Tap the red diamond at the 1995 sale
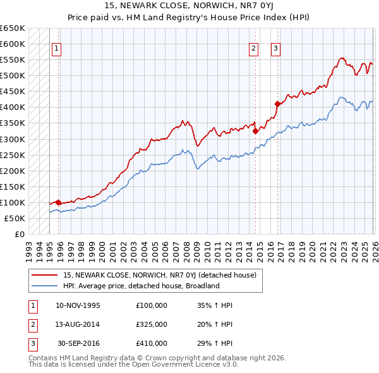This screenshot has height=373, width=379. coord(58,202)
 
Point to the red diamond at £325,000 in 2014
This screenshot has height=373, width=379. coord(255,131)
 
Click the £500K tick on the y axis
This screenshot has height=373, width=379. coord(13,76)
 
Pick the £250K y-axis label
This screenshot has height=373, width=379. coord(13,155)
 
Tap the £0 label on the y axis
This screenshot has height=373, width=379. coord(20,234)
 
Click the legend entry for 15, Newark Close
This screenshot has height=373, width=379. coord(159,275)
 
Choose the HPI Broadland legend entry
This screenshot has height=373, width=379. coord(141,286)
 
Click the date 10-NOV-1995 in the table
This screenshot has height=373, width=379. coord(78,305)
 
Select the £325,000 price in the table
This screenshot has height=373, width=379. coord(152,324)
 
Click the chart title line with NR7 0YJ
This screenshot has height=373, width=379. coord(189,8)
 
